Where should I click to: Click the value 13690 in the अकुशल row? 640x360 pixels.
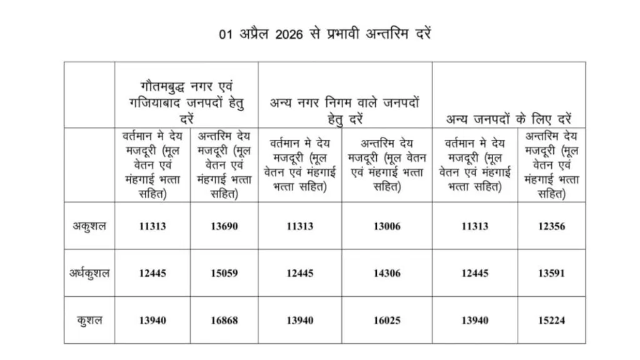tap(224, 226)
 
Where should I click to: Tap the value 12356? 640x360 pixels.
tap(551, 226)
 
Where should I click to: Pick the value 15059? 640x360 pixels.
tap(224, 273)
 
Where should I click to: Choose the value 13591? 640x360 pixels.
tap(551, 273)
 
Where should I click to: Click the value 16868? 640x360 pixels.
tap(224, 320)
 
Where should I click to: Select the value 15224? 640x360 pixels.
tap(551, 320)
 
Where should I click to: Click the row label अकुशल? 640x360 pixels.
tap(89, 226)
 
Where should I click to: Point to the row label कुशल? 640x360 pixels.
tap(89, 320)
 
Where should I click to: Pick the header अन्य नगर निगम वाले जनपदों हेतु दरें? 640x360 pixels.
tap(344, 109)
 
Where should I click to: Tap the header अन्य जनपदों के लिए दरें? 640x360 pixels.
tap(508, 117)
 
